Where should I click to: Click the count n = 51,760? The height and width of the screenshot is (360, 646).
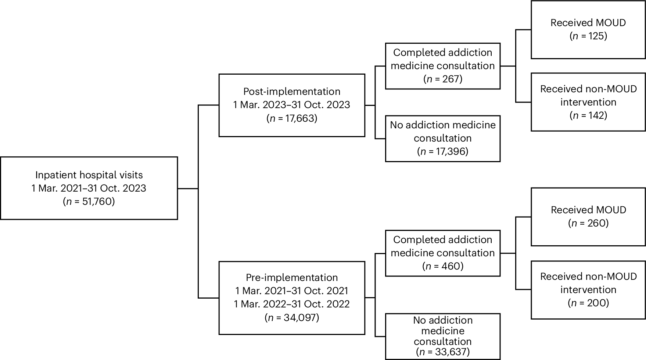coord(89,202)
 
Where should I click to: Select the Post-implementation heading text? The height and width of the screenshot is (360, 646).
coord(292,92)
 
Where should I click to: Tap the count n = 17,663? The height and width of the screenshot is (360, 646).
coord(292,118)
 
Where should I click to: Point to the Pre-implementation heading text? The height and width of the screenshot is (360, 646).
coord(292,278)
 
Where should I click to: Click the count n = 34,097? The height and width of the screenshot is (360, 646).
coord(292,317)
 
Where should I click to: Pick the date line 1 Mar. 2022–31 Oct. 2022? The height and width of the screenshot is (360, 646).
coord(292,304)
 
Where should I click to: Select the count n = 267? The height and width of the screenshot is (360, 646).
coord(442,79)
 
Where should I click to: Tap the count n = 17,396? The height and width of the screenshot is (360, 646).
coord(442,152)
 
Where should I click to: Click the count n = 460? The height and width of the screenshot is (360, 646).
coord(442,266)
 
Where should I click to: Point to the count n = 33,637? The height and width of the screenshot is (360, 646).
coord(442,352)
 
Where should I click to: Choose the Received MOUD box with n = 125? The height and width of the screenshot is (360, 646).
coord(588,29)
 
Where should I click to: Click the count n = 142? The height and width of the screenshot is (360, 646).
coord(588,115)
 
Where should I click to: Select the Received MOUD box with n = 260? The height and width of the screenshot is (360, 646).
coord(588,217)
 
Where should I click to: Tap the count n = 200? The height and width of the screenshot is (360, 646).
coord(588,303)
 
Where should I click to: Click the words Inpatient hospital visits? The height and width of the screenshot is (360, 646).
coord(89,175)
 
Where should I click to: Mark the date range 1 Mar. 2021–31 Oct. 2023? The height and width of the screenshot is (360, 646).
coord(89,188)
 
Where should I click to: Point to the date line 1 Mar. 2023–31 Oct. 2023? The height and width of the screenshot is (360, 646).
coord(292,105)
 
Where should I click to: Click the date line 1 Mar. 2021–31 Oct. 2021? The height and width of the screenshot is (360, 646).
coord(292,291)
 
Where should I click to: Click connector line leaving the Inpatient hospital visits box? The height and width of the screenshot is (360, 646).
coord(188,189)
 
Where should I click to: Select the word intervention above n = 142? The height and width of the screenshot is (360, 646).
coord(588,102)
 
